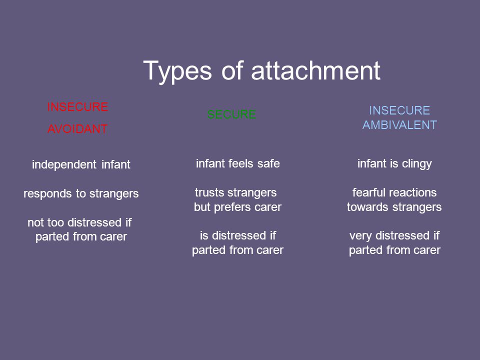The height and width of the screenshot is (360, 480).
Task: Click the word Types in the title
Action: [177, 71]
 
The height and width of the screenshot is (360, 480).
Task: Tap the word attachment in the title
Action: [315, 70]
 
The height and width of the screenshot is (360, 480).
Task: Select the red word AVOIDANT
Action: [77, 129]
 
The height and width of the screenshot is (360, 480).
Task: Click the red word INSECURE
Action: [77, 107]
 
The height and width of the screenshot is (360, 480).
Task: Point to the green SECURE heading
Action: [231, 114]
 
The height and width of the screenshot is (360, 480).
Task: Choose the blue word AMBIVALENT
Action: [399, 125]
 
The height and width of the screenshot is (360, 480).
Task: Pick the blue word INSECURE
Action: [399, 110]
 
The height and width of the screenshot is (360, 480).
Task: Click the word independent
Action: [64, 164]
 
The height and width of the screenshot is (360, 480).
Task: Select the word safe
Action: [268, 163]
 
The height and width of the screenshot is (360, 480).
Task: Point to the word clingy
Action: [416, 164]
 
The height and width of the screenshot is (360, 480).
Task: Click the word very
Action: [361, 236]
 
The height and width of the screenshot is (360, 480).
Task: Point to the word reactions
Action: [413, 192]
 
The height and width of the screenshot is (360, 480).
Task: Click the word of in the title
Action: [231, 70]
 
